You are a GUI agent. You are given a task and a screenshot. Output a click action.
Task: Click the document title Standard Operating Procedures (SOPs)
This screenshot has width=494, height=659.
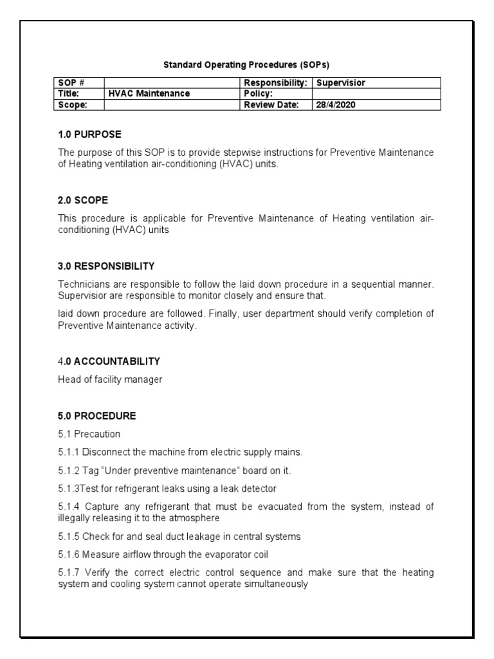pyautogui.click(x=247, y=64)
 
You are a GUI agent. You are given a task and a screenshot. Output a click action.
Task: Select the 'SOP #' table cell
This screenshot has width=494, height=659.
pyautogui.click(x=68, y=83)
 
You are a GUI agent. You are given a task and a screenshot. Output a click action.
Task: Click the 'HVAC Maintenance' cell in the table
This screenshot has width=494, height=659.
pyautogui.click(x=149, y=93)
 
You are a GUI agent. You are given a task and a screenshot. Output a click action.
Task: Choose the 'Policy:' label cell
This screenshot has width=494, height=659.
pyautogui.click(x=259, y=93)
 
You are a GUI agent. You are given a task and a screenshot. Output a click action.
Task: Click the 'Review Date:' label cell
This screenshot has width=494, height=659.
pyautogui.click(x=271, y=105)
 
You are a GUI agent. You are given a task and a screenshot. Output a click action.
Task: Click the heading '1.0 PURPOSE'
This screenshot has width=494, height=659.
pyautogui.click(x=89, y=135)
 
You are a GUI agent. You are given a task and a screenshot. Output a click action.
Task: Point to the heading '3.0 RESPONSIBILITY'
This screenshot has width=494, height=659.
pyautogui.click(x=106, y=266)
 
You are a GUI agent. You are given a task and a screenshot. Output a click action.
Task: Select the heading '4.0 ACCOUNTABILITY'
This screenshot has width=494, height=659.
pyautogui.click(x=109, y=361)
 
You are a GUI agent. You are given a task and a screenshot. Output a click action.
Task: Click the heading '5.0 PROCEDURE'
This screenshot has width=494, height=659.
pyautogui.click(x=96, y=416)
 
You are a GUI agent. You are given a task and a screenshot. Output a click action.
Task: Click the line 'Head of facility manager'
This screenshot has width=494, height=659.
pyautogui.click(x=110, y=380)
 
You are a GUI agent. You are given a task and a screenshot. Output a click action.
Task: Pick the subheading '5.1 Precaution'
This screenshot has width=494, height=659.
pyautogui.click(x=89, y=434)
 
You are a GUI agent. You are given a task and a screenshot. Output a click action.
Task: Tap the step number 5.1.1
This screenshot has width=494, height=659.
pyautogui.click(x=68, y=452)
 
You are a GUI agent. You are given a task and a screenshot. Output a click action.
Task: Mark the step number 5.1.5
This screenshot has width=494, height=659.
pyautogui.click(x=68, y=536)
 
